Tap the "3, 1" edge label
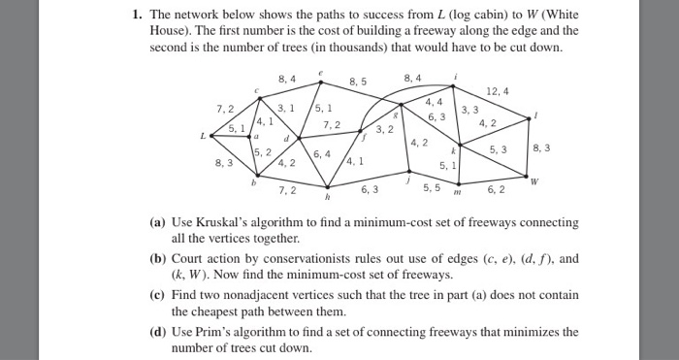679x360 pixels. click(286, 107)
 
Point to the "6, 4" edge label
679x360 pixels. click(322, 153)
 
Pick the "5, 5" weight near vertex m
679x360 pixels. click(432, 186)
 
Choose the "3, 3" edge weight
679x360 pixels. click(470, 109)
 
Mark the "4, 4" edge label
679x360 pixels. click(434, 101)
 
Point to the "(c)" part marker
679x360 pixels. click(154, 295)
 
